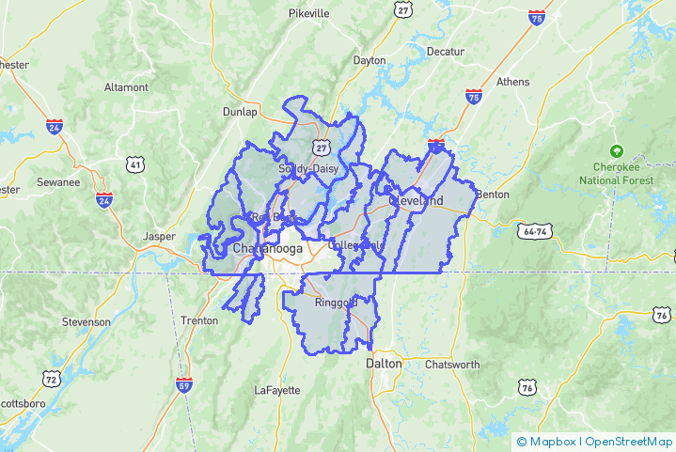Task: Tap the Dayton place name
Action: pyautogui.click(x=369, y=60)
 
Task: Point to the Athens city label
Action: pyautogui.click(x=513, y=82)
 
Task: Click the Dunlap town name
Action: pyautogui.click(x=240, y=112)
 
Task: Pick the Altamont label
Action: pyautogui.click(x=126, y=87)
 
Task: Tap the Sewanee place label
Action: pyautogui.click(x=58, y=182)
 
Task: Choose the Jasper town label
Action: pyautogui.click(x=160, y=237)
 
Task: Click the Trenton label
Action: pyautogui.click(x=199, y=320)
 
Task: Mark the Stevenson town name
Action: pyautogui.click(x=86, y=321)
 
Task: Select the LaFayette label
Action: pyautogui.click(x=277, y=390)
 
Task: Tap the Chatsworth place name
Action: pyautogui.click(x=452, y=365)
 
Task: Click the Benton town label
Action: pyautogui.click(x=493, y=195)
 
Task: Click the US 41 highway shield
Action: pyautogui.click(x=135, y=165)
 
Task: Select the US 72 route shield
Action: pyautogui.click(x=49, y=378)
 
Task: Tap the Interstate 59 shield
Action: pyautogui.click(x=183, y=385)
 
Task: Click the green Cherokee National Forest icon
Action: pyautogui.click(x=617, y=150)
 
